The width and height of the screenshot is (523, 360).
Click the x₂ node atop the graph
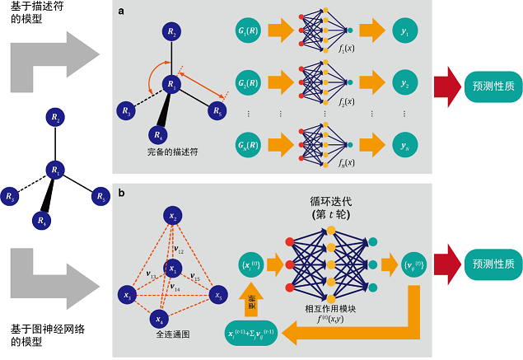pyautogui.click(x=173, y=216)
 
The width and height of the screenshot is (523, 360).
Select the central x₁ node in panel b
pyautogui.click(x=173, y=269)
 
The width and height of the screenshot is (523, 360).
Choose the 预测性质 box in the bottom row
pyautogui.click(x=481, y=264)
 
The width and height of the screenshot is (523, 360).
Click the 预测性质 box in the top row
pyautogui.click(x=481, y=86)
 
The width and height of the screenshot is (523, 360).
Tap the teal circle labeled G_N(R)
pyautogui.click(x=251, y=146)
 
